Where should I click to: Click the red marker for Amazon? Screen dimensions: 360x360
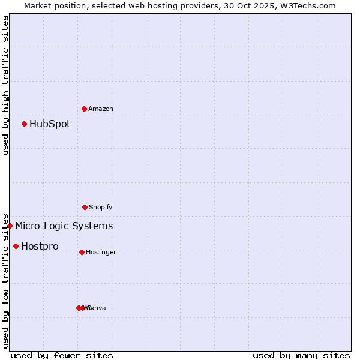[x=84, y=109]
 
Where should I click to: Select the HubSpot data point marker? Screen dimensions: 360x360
[x=24, y=124]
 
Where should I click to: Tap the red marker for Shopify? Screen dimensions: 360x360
[x=85, y=207]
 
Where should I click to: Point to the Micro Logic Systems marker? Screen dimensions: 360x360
[x=10, y=226]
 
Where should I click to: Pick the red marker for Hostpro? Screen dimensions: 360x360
[x=16, y=246]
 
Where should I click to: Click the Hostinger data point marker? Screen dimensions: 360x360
[x=82, y=252]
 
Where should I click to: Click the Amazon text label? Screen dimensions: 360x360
[x=101, y=109]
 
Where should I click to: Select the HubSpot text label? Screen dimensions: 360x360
[x=50, y=124]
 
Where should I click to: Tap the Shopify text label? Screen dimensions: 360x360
[x=101, y=207]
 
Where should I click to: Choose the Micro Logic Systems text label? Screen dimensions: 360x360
[x=64, y=226]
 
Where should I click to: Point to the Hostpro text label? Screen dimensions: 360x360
[x=40, y=247]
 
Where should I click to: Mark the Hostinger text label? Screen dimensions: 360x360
[x=101, y=252]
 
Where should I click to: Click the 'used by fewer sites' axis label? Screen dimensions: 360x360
[x=62, y=355]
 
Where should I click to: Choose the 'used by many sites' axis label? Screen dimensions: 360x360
[x=301, y=355]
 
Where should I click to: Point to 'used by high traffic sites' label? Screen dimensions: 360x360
[x=5, y=85]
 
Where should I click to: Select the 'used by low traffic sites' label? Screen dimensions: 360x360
[x=5, y=281]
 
